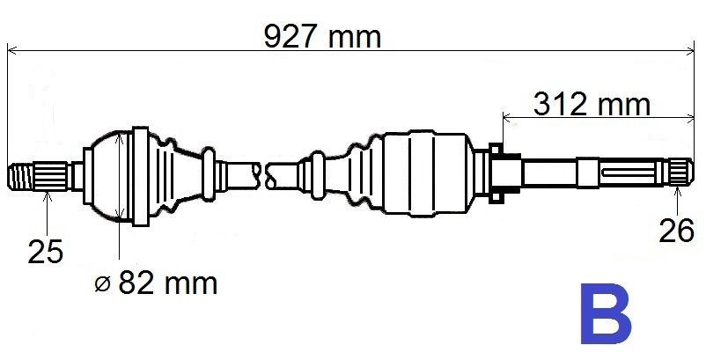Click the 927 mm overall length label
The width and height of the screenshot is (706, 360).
click(x=323, y=36)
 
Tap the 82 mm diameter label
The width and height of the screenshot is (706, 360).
click(x=167, y=283)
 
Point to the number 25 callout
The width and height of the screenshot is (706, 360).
click(x=45, y=253)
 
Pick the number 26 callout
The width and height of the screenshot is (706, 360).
click(x=677, y=232)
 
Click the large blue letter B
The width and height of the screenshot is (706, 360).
click(x=605, y=314)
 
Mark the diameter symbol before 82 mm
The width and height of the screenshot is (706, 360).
click(x=102, y=283)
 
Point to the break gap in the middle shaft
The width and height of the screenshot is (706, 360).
click(x=265, y=173)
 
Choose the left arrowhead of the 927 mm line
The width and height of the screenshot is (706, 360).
click(x=12, y=51)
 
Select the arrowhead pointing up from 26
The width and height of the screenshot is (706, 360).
click(x=677, y=189)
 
